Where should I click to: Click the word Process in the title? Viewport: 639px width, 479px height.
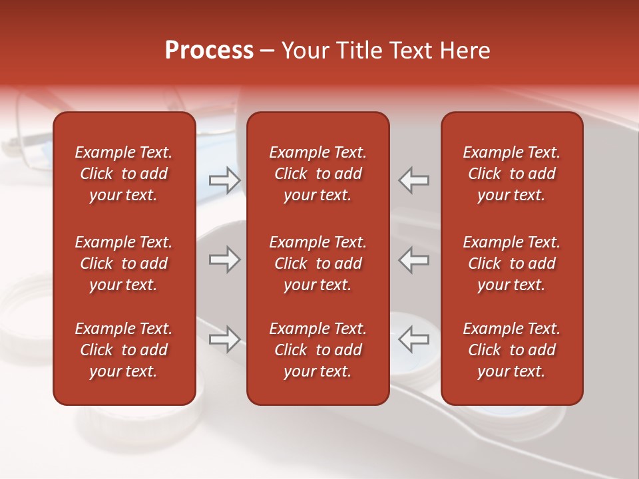209,51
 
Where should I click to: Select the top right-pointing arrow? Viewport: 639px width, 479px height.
225,180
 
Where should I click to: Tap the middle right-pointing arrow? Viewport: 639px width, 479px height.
225,259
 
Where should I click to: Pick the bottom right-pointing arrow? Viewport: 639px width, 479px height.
225,339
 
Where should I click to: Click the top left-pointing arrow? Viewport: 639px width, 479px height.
413,180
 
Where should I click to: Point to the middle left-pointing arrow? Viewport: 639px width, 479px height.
413,259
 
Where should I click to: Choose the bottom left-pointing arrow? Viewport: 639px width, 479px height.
413,339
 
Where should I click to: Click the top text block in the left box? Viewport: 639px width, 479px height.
124,174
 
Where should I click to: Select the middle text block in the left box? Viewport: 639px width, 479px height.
124,263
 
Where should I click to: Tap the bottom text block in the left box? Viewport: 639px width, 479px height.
124,350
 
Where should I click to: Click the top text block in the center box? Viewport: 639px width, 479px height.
318,174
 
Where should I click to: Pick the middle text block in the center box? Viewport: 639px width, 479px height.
318,263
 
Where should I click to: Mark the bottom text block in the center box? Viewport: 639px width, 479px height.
318,350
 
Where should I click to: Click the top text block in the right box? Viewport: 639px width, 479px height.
512,174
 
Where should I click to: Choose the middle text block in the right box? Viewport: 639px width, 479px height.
512,263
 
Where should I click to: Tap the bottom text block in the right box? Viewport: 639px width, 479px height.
512,350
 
